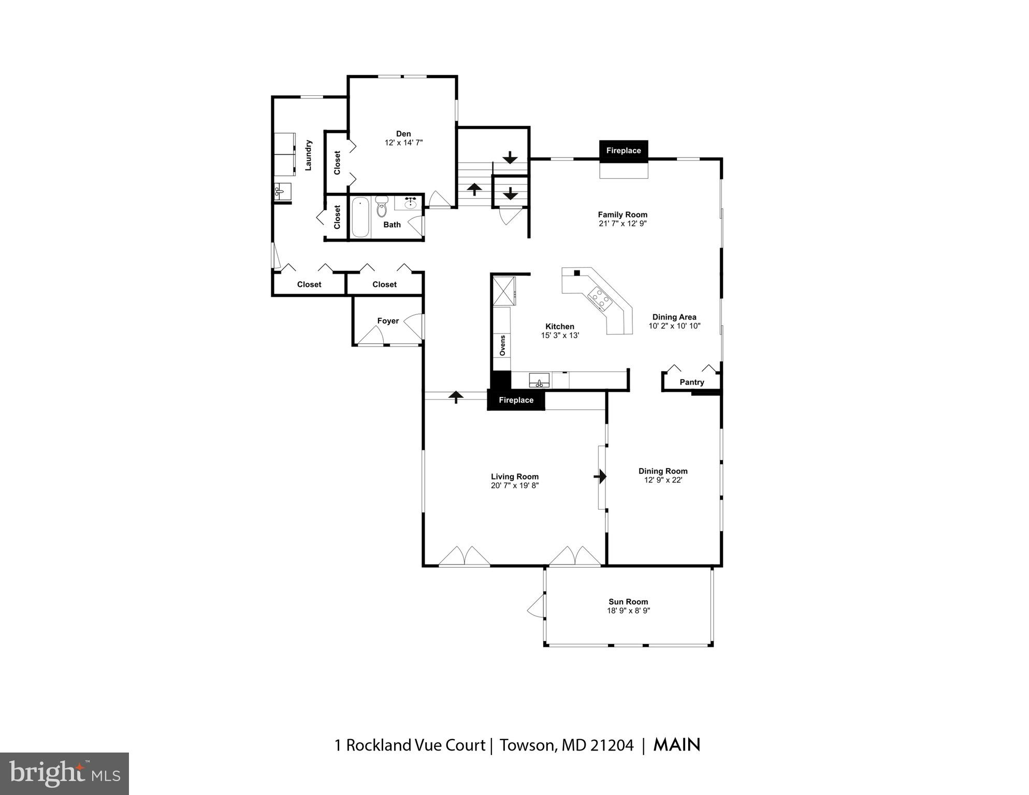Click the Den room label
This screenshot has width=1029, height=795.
[403, 134]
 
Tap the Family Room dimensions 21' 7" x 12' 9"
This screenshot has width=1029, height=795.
[622, 224]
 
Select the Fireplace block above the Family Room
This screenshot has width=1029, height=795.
[624, 151]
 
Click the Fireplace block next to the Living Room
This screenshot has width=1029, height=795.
[516, 400]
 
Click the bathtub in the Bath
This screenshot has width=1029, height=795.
[360, 218]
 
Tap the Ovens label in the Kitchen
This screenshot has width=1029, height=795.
[502, 345]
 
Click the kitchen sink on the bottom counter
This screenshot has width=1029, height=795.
[539, 381]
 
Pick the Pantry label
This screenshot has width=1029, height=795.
[691, 382]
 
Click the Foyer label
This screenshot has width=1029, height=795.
[388, 321]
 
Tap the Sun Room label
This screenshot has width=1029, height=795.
[628, 602]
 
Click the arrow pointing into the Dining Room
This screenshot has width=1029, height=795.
[600, 476]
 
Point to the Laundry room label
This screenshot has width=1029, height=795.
[308, 155]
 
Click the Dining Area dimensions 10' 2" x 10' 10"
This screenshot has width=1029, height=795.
[674, 326]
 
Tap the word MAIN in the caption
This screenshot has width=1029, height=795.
[676, 745]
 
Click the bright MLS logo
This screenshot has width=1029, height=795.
[64, 773]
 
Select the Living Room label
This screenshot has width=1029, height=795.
[515, 476]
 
